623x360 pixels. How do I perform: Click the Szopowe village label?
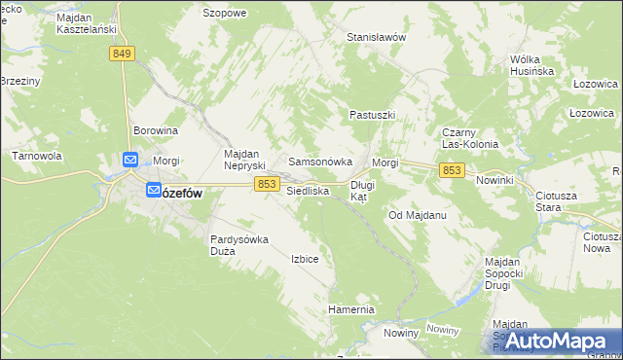(224, 13)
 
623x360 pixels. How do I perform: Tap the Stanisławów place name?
(376, 37)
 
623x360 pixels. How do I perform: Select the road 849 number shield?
(122, 54)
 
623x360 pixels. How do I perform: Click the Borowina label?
(156, 129)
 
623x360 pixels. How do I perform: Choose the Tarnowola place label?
(37, 155)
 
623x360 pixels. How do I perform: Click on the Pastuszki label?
(372, 115)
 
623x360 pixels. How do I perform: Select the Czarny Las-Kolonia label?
(470, 138)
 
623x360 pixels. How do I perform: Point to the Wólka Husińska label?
(531, 65)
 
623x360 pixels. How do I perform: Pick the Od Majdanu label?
(417, 214)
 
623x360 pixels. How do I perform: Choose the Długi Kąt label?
(362, 190)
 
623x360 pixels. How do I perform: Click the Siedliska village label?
(308, 191)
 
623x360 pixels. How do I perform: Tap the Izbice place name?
(305, 259)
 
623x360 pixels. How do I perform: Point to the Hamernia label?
(351, 309)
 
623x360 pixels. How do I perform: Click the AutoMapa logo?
(553, 341)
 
